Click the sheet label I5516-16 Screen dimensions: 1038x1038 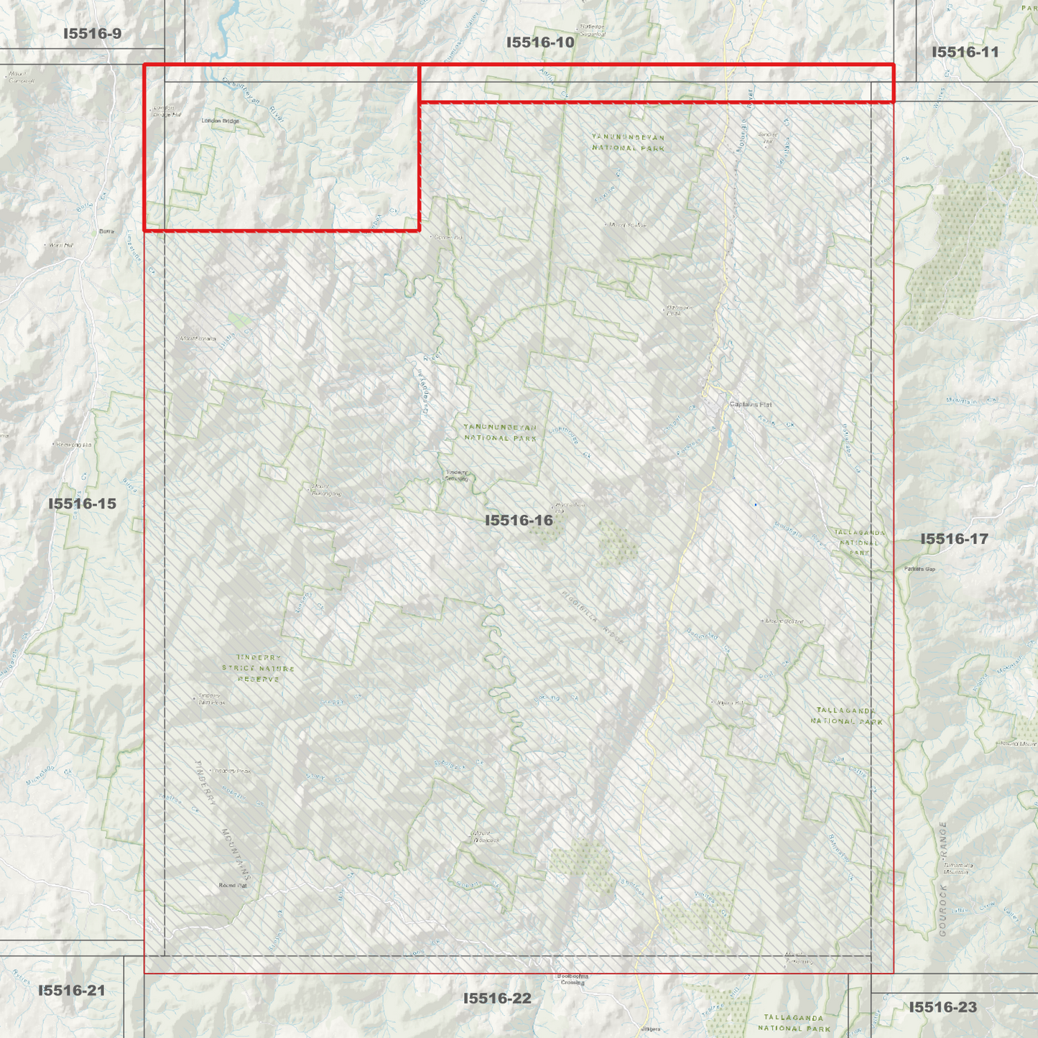click(519, 520)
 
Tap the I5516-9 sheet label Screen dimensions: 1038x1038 click(93, 34)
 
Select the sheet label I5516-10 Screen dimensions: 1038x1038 click(540, 42)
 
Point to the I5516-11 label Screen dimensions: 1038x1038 click(965, 52)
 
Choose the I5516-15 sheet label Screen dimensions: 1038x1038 click(82, 504)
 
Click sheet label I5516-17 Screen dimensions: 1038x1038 click(954, 539)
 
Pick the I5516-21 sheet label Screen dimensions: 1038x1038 click(71, 991)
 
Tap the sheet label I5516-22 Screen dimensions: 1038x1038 click(497, 998)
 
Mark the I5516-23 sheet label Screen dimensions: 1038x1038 click(943, 1007)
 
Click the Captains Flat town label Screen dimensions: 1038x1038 click(751, 404)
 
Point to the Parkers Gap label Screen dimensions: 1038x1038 click(919, 569)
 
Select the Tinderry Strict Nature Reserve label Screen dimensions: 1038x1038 click(259, 668)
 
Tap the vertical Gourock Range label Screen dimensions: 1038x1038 click(943, 879)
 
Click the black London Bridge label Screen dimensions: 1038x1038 click(221, 121)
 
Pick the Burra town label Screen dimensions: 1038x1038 click(106, 231)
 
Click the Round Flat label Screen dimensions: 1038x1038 click(233, 886)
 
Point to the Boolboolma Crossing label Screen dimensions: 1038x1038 click(573, 979)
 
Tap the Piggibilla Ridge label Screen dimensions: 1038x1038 click(593, 615)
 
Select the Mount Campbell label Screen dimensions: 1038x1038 click(22, 77)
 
